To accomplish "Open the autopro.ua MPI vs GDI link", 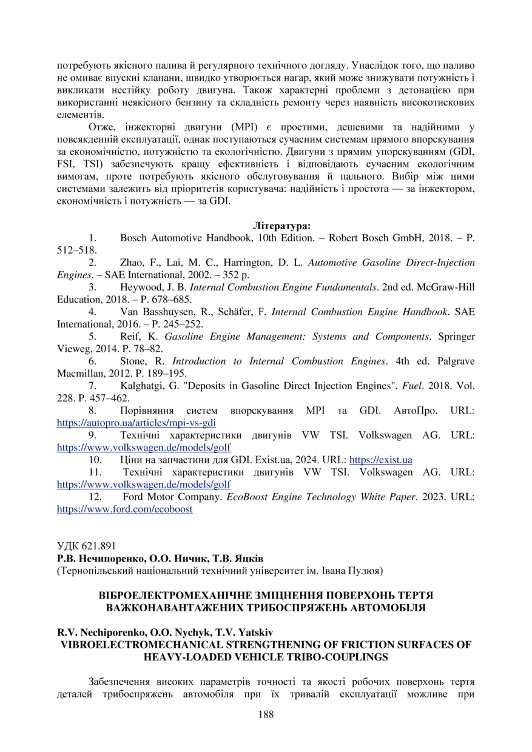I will click(x=136, y=423).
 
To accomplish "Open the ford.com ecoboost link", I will click(x=124, y=509).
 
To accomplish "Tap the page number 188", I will click(x=266, y=714).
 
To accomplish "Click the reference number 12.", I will click(x=94, y=497).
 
